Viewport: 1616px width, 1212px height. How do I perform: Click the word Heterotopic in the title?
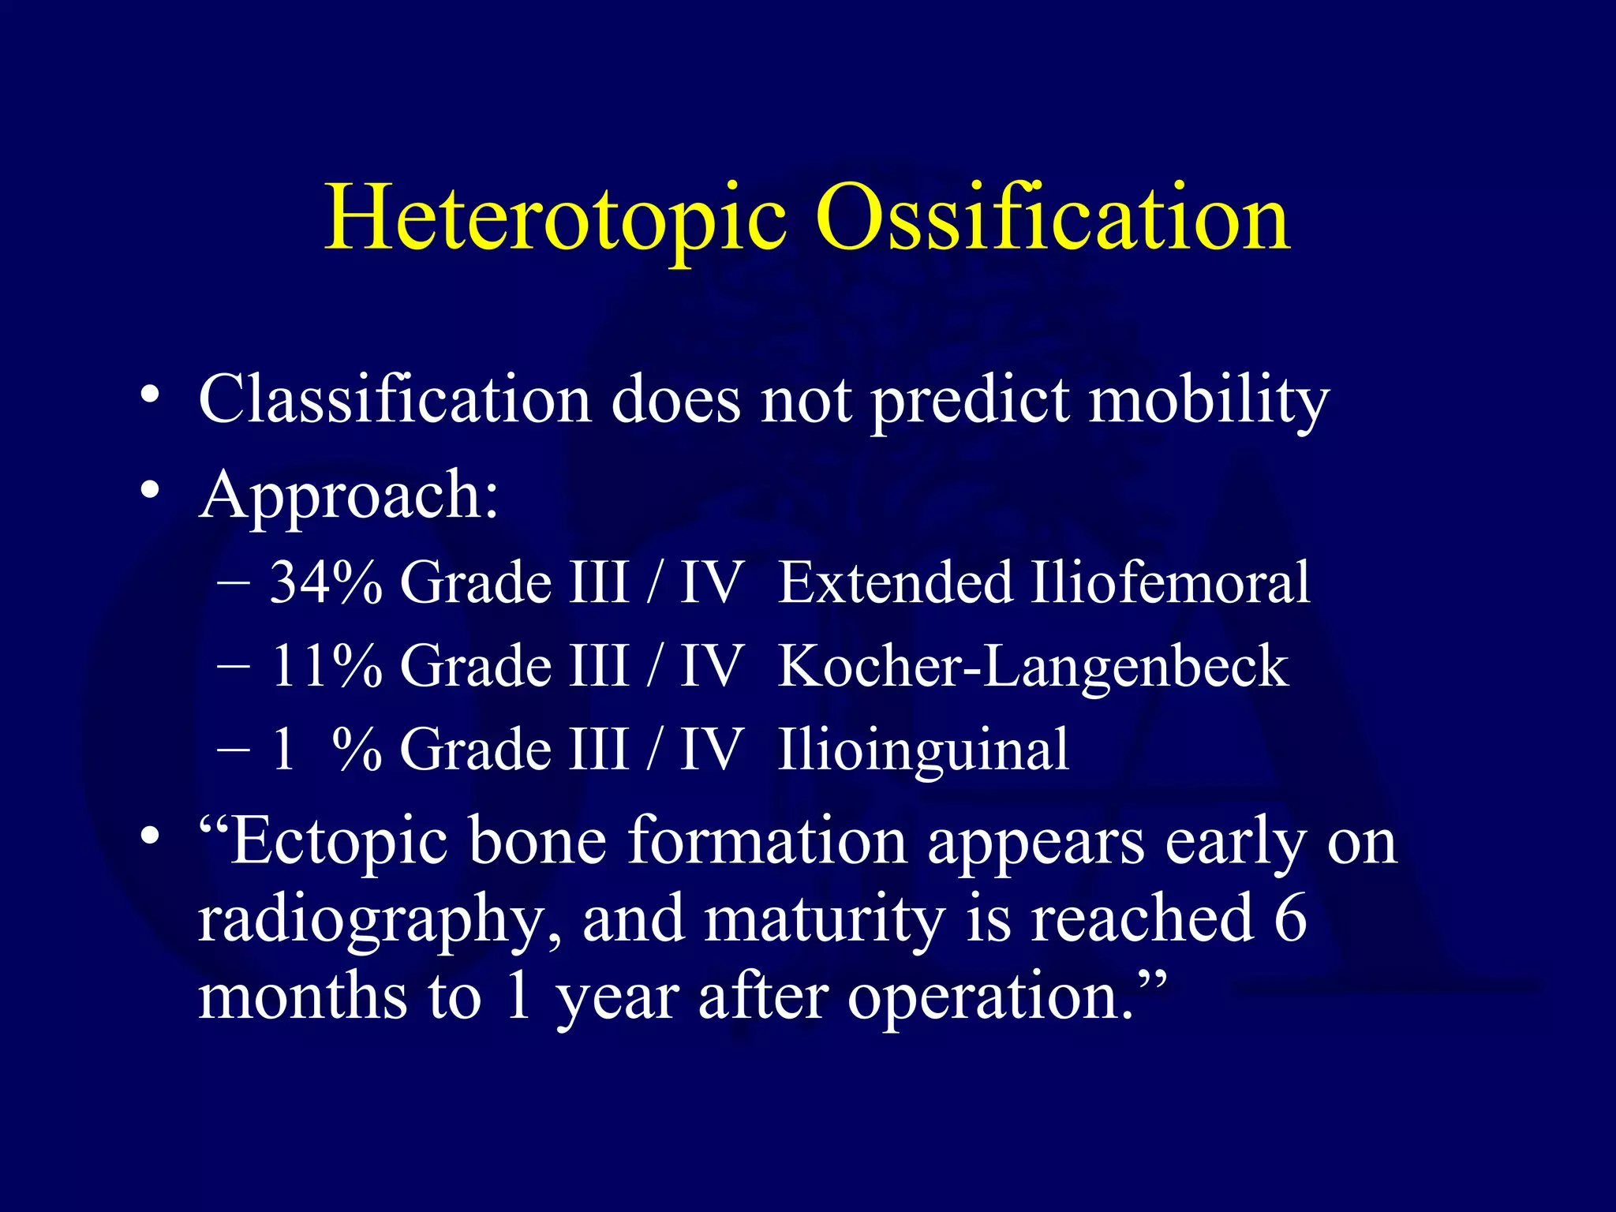555,219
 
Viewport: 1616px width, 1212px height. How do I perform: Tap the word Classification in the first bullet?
395,399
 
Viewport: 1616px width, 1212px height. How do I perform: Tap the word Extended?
896,582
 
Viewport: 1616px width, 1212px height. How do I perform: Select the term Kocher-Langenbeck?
1033,668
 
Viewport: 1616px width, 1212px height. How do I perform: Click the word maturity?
825,920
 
